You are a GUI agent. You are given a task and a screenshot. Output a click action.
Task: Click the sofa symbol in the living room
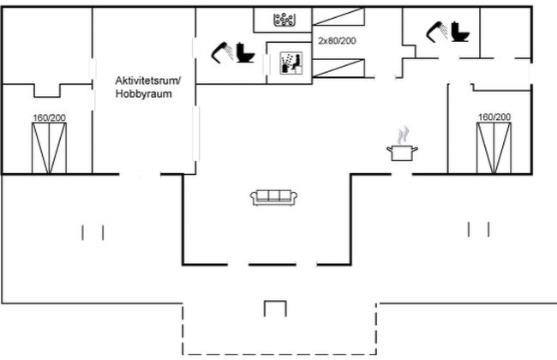point(273,198)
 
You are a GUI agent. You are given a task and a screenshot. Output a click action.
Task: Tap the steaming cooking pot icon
point(402,144)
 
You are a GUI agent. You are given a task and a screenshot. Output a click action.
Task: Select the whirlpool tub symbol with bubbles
point(284,19)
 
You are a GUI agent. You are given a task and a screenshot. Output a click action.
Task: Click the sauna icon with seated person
point(291,63)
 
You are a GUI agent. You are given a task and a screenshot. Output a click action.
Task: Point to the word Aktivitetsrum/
point(148,81)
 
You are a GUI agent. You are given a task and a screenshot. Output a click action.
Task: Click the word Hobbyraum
point(143,93)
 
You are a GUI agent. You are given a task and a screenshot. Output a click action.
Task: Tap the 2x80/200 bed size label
point(337,40)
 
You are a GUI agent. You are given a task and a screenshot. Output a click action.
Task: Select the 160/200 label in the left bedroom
point(50,117)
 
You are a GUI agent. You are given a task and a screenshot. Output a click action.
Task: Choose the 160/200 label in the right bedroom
point(494,117)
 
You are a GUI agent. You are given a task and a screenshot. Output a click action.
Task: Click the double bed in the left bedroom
point(49,148)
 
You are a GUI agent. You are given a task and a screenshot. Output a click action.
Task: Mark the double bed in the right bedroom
point(494,147)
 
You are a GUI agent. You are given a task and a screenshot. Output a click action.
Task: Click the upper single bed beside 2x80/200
point(338,16)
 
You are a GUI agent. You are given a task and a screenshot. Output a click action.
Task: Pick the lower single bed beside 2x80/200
point(338,69)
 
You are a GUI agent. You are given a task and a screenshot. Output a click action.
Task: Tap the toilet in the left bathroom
point(245,52)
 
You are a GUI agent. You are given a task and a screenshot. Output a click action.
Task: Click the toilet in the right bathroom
point(460,32)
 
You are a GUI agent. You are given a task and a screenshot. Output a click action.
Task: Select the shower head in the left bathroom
point(223,52)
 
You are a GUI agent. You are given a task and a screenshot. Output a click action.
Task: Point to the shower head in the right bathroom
point(437,32)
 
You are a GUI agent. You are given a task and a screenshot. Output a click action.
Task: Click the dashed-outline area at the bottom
point(279,329)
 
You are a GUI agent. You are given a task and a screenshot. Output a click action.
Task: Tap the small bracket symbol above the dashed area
point(275,309)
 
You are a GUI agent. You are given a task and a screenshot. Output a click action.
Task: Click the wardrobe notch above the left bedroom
point(47,90)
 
